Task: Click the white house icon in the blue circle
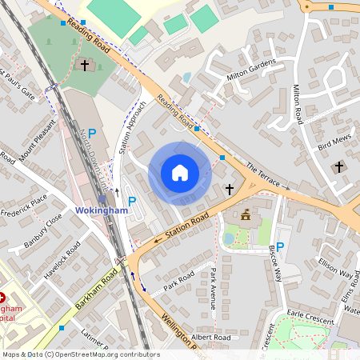[180, 172]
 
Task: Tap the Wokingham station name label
[102, 210]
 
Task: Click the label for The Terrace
[263, 176]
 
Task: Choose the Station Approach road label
[130, 127]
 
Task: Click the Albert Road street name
[212, 338]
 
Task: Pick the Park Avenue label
[214, 289]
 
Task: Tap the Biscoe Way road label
[279, 263]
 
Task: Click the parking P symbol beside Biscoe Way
[281, 226]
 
